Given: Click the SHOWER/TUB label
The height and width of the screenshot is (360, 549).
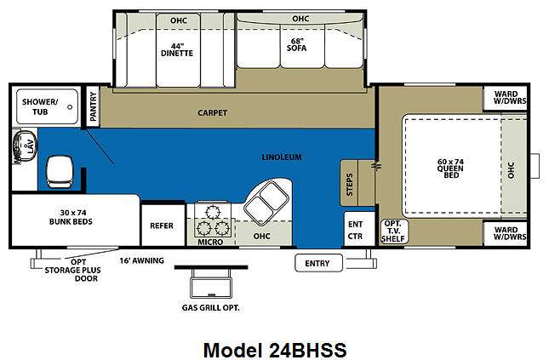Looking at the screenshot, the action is coord(39,106).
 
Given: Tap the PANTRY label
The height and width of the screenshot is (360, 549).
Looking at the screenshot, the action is coord(93,106).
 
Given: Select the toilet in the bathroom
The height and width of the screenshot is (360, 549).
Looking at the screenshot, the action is coord(60,172).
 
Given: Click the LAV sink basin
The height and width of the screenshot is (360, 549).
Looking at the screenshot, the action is coord(25,146).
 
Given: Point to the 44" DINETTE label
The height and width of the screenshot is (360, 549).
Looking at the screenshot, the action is coord(177,49).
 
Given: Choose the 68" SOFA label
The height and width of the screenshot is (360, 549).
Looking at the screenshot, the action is coord(296,45).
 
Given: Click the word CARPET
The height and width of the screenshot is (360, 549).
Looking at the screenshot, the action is coord(212,112).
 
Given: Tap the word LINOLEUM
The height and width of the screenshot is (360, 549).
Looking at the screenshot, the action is coord(282,157).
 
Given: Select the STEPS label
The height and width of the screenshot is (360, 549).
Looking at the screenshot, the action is coord(350,184).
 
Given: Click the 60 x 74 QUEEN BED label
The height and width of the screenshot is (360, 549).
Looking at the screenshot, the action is coord(450,169).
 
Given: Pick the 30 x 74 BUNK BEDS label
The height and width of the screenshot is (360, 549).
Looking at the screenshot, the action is coord(71,217).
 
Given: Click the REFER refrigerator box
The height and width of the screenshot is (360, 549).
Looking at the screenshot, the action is coord(163,226).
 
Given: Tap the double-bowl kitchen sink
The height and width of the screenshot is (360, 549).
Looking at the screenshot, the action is coord(266,203).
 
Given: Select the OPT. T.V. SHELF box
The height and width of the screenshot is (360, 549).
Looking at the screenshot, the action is coord(394,231).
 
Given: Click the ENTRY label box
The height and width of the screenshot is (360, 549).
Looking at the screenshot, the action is coord(318,263).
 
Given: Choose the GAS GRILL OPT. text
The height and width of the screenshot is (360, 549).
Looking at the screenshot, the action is coord(211,308).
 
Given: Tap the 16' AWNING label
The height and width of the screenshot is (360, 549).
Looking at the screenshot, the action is coord(142,260).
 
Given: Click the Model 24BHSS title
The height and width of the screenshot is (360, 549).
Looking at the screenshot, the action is coord(275,350).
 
